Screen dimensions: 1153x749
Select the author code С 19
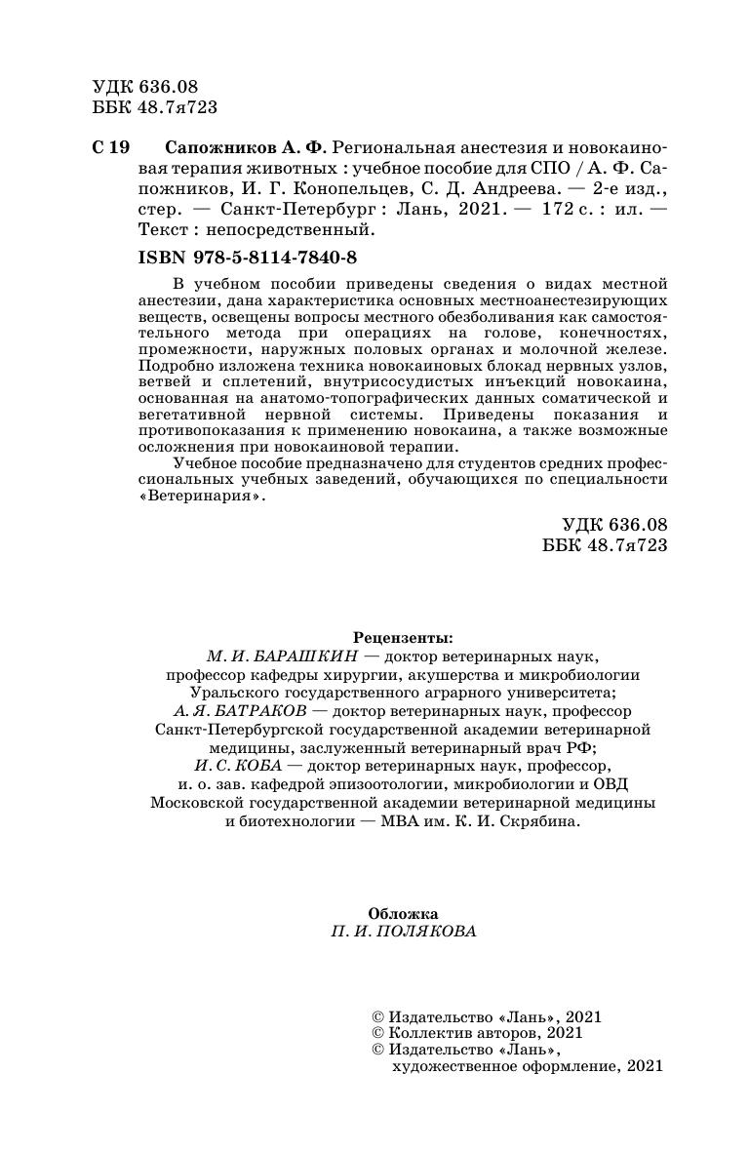pos(109,147)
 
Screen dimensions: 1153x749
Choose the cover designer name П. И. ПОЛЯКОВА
pos(403,932)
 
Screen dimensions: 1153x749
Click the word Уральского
pos(213,693)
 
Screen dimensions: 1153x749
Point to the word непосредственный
pos(309,230)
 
